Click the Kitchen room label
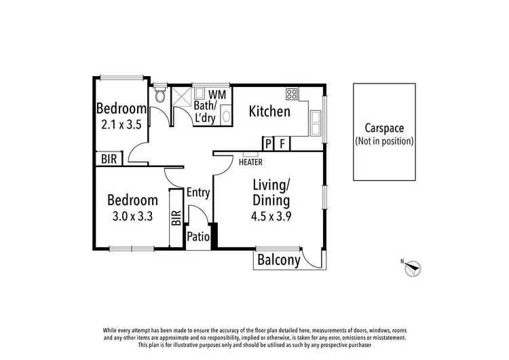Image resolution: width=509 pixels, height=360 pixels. (269, 111)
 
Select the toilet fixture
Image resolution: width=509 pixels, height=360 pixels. (160, 96)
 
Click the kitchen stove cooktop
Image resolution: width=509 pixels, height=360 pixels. (292, 94)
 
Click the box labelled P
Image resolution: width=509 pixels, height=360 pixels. (267, 143)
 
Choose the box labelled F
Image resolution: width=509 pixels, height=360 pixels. (282, 143)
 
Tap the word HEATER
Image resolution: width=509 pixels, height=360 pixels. (250, 162)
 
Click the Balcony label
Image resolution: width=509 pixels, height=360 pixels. (278, 260)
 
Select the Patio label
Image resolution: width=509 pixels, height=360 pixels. (198, 237)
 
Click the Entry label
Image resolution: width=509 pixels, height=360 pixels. (198, 192)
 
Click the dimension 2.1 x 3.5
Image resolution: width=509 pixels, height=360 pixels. (121, 124)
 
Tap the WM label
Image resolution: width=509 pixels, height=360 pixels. (217, 94)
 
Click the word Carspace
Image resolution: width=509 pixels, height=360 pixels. (384, 128)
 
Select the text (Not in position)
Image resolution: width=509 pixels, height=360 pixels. (384, 141)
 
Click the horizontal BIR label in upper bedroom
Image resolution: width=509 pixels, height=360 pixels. (108, 159)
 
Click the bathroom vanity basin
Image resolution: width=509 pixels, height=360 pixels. (226, 115)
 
